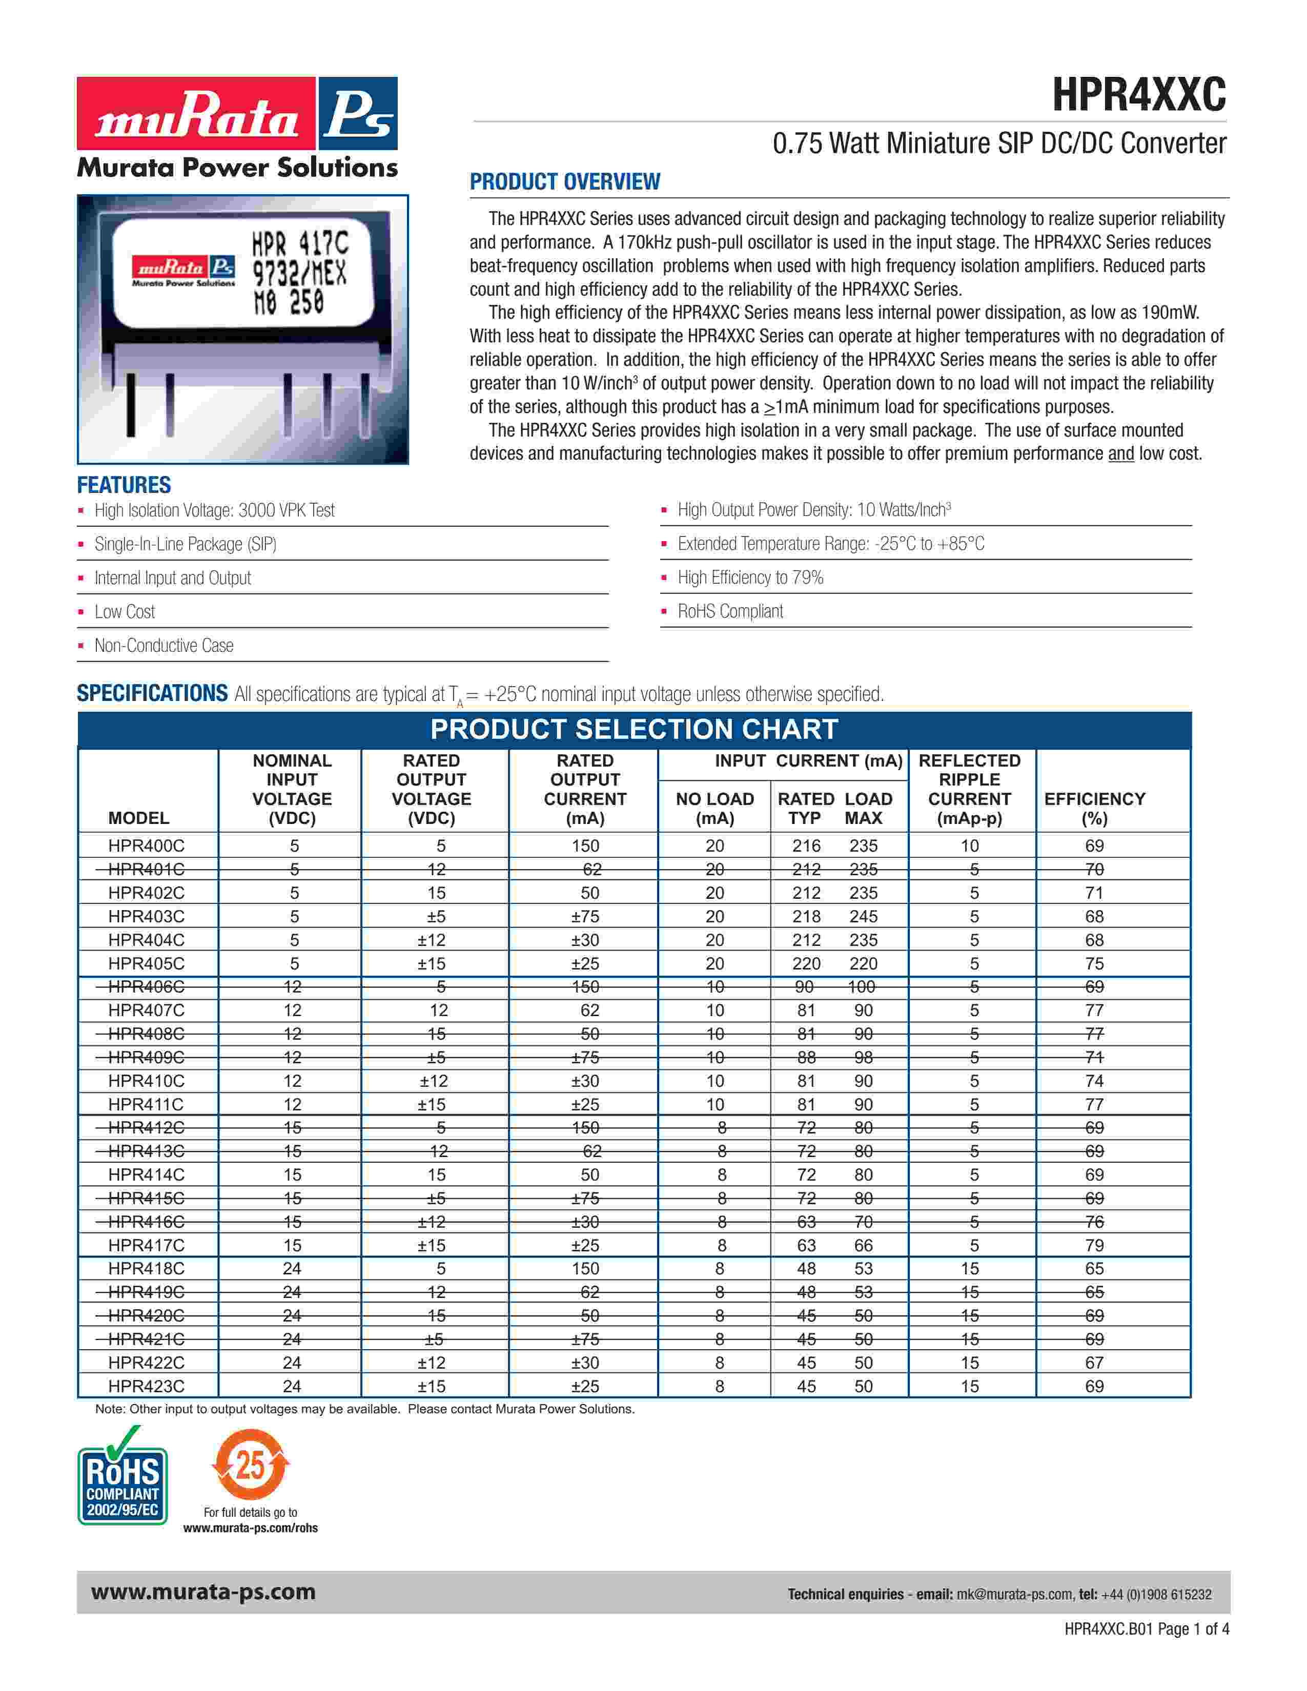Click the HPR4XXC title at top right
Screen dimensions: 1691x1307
[1138, 96]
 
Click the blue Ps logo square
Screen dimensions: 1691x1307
[358, 113]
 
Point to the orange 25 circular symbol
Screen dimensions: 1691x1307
[250, 1464]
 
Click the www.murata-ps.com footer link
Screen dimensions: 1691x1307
[203, 1592]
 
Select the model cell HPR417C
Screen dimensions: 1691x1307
[147, 1245]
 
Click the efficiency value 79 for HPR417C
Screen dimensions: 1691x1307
[1094, 1245]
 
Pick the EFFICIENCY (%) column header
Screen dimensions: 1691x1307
[1094, 808]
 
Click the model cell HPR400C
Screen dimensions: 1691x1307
[147, 845]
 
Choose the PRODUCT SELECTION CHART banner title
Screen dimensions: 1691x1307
[634, 729]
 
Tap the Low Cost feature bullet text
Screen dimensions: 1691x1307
[125, 612]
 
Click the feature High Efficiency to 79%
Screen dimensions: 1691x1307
[750, 578]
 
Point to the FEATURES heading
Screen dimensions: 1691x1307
[124, 485]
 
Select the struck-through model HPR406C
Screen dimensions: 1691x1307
[147, 986]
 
